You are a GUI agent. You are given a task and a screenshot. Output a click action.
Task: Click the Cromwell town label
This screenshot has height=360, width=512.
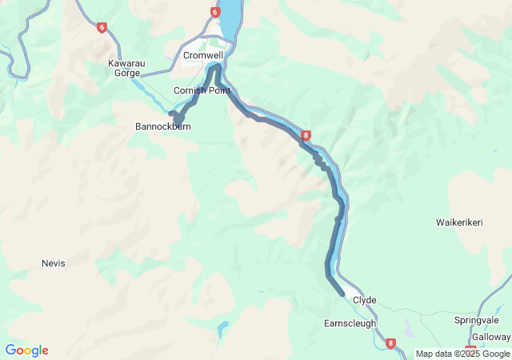(x=203, y=55)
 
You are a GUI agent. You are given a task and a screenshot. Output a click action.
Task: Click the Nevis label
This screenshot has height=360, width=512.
(x=53, y=263)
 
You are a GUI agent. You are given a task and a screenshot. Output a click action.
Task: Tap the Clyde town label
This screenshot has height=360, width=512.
(x=364, y=300)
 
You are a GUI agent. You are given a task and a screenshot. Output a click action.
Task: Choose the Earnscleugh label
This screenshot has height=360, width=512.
(x=350, y=323)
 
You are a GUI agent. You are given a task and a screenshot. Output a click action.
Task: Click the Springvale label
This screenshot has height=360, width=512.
(x=476, y=321)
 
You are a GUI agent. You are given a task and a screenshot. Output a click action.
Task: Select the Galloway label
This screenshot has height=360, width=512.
(x=490, y=337)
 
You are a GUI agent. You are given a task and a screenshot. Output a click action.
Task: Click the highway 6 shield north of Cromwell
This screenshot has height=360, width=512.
(x=214, y=12)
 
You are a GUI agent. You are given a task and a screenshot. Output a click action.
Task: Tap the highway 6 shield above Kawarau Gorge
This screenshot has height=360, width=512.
(x=102, y=27)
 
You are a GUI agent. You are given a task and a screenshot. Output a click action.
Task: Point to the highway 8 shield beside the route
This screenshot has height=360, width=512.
(x=306, y=136)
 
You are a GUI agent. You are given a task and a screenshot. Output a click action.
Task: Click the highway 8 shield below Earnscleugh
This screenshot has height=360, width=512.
(x=390, y=344)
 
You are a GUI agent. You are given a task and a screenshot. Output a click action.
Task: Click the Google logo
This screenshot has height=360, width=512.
(x=26, y=350)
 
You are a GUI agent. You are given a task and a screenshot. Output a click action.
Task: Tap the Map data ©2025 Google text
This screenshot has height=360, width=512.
(x=462, y=354)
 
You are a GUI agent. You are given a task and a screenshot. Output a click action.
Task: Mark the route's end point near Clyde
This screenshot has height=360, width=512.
(x=342, y=294)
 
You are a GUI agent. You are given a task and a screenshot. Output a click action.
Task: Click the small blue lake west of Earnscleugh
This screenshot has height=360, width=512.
(x=222, y=327)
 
